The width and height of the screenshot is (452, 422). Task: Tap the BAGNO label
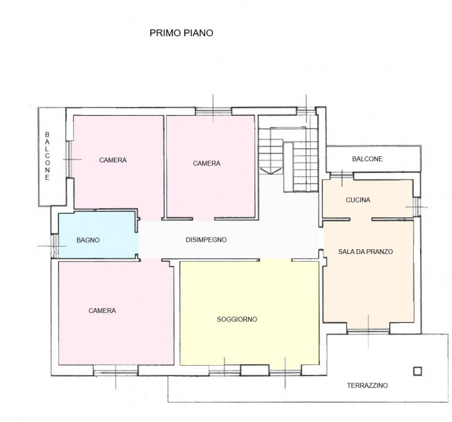[88, 240]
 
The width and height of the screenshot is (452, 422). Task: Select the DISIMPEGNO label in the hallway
[207, 240]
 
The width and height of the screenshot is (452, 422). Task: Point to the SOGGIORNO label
[237, 319]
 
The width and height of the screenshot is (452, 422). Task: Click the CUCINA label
[358, 200]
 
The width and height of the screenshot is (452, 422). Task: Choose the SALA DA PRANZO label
[366, 252]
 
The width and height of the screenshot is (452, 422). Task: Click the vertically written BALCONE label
[47, 155]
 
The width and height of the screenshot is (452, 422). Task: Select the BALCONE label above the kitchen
[366, 159]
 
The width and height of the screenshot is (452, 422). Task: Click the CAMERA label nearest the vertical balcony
[113, 160]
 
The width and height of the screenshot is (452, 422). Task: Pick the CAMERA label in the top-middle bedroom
[207, 164]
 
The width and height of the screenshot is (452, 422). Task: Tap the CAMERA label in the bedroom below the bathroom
[102, 310]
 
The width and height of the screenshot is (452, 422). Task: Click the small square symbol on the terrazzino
[417, 371]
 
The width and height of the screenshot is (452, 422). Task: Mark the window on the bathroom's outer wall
[54, 246]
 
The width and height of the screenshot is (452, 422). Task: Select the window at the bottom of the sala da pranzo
[368, 329]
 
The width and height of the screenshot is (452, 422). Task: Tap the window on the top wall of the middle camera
[213, 110]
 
